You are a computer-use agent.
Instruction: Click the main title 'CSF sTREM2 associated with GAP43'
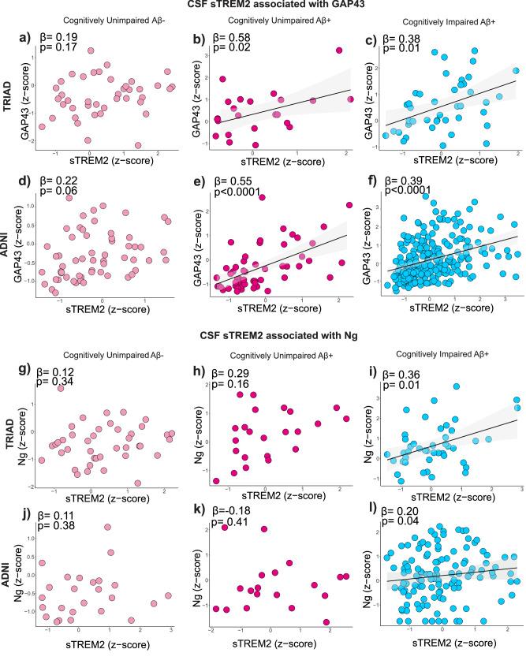tap(263, 6)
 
